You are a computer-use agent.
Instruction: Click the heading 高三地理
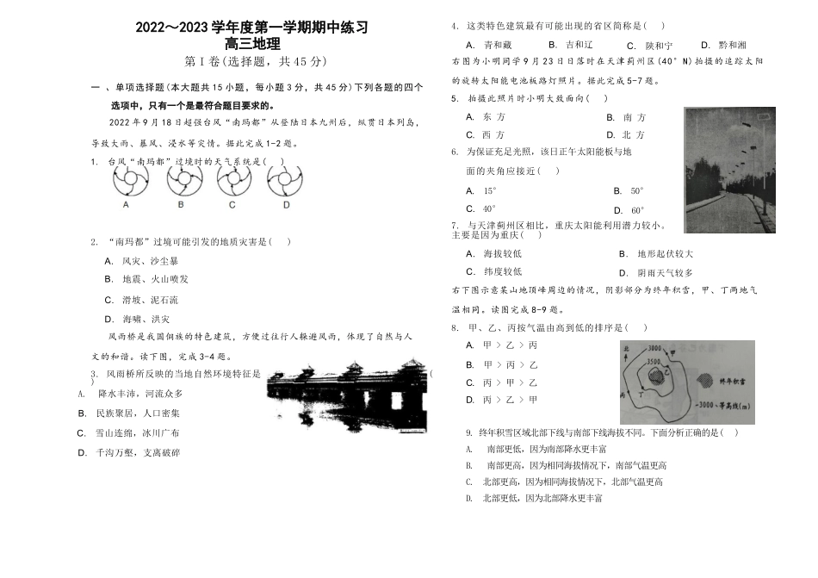[x=252, y=44]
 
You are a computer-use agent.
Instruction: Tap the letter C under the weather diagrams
[x=232, y=205]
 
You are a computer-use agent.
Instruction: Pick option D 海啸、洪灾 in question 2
[x=138, y=319]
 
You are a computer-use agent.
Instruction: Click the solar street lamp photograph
[x=728, y=170]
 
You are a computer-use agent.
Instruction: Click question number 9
[x=468, y=432]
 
